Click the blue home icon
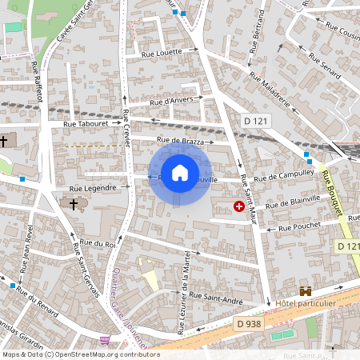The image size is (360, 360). (x=180, y=172)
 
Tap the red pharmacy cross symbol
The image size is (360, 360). (x=238, y=206)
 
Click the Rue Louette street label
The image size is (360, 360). (x=161, y=53)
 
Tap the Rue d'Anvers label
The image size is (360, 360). (x=172, y=101)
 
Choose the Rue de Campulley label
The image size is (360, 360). (x=284, y=177)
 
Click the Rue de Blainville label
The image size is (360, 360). (x=293, y=202)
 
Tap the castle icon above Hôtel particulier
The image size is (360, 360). (x=305, y=291)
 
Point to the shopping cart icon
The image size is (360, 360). (x=105, y=340)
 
